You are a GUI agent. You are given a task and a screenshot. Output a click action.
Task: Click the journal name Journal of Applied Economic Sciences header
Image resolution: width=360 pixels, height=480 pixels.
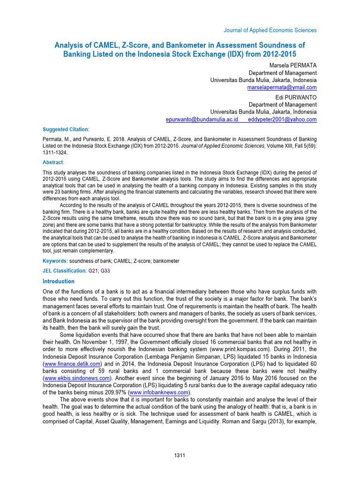point(270,30)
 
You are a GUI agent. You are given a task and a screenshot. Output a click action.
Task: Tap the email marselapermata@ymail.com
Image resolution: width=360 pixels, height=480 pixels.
point(282,88)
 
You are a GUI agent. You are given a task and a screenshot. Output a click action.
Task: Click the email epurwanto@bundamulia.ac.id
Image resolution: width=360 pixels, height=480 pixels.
point(202,120)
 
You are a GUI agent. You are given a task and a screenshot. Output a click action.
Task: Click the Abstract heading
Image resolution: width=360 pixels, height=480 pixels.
point(53,162)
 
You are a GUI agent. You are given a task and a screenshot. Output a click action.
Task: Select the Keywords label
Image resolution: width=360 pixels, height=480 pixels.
point(55,261)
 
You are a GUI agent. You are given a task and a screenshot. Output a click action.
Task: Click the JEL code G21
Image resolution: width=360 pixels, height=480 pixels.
point(93,271)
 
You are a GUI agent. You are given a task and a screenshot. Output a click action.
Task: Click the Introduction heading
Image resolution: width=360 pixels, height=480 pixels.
point(58,281)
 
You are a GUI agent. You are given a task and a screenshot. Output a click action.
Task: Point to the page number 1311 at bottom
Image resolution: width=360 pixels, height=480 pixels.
point(180,456)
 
